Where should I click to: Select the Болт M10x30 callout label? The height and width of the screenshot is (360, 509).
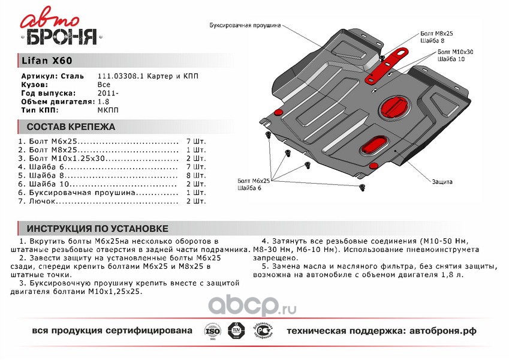[x=455, y=53]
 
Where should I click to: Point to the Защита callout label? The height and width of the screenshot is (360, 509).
[x=441, y=181]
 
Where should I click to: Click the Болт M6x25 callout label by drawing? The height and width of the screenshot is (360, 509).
[x=254, y=180]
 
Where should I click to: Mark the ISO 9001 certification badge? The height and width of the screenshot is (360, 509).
[x=211, y=332]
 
